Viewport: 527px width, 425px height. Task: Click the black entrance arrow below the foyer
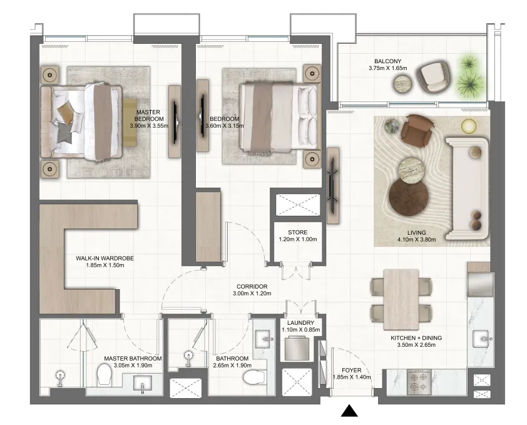[x=349, y=411]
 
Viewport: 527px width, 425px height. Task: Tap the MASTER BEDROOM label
[x=148, y=115]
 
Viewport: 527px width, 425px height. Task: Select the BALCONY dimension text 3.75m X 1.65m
[x=387, y=68]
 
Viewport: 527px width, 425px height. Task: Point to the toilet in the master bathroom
[x=104, y=375]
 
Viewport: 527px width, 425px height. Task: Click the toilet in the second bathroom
[x=253, y=377]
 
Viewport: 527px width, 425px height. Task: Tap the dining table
[x=401, y=299]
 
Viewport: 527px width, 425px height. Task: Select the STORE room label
[x=297, y=232]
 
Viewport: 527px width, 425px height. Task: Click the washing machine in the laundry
[x=297, y=348]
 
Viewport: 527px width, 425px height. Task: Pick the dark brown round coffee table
[x=409, y=197]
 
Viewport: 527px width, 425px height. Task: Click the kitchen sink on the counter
[x=483, y=339]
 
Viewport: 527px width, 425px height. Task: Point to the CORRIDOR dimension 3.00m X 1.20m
[x=252, y=293]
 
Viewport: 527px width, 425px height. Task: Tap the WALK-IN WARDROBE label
[x=105, y=259]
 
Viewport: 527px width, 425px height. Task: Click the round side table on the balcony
[x=402, y=83]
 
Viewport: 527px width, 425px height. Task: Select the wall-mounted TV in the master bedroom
[x=175, y=121]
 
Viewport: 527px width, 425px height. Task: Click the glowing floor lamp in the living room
[x=469, y=126]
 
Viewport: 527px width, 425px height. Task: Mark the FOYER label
[x=352, y=370]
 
